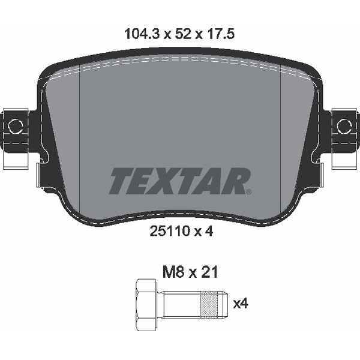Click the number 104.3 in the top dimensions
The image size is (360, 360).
coord(142,34)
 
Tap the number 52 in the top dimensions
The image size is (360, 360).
coord(183,34)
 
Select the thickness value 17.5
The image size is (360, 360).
coord(221,34)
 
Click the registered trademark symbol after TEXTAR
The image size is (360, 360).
coord(248,191)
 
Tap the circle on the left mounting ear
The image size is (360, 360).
coord(15,126)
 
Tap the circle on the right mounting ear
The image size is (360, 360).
coord(344,126)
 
